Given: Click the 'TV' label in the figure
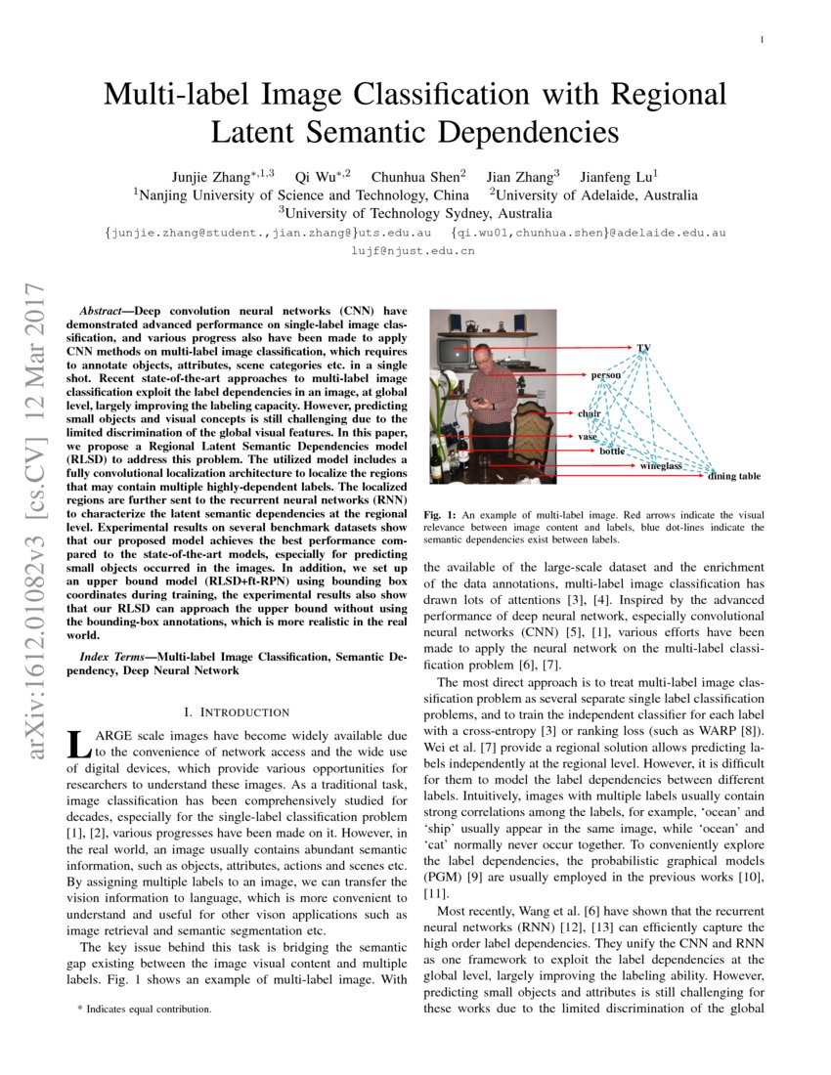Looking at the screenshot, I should pyautogui.click(x=643, y=348).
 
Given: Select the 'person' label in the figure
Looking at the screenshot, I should pyautogui.click(x=606, y=375).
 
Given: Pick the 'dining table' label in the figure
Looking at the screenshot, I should pyautogui.click(x=733, y=476).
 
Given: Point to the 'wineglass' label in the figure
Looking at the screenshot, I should pyautogui.click(x=660, y=467).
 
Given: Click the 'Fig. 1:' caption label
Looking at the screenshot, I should pyautogui.click(x=440, y=514).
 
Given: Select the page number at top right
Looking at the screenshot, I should pyautogui.click(x=761, y=39).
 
